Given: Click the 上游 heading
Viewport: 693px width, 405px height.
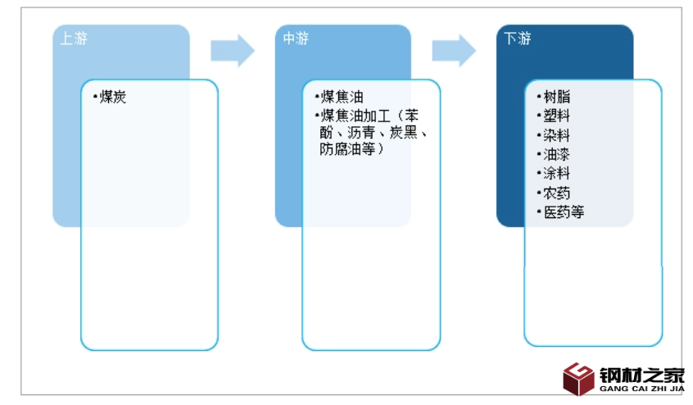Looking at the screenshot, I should click(74, 39).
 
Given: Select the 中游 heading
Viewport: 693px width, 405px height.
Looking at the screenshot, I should click(296, 39).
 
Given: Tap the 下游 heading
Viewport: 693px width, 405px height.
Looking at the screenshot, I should click(518, 39).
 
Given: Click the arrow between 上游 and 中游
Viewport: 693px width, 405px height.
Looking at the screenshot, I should click(233, 51).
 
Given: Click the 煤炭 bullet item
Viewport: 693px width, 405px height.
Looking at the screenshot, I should click(112, 98).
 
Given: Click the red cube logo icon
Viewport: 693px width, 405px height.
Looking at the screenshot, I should click(579, 379).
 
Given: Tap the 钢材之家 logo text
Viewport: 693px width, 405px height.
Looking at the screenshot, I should click(641, 375).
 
